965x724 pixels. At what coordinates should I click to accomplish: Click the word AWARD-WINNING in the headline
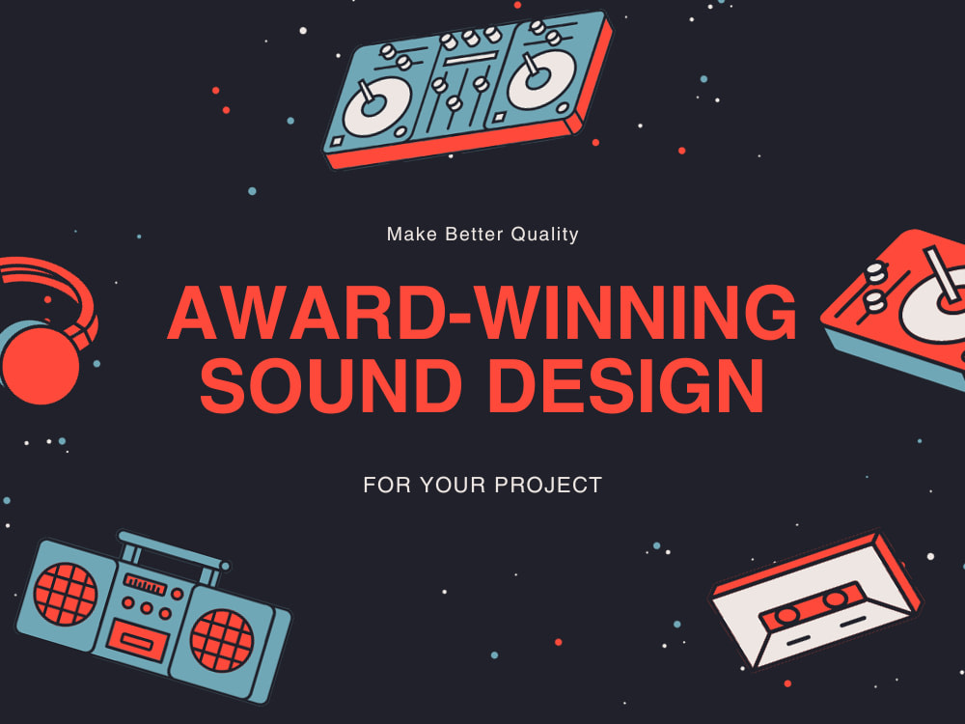click(x=482, y=315)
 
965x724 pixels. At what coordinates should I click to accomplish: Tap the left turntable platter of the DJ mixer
click(x=376, y=101)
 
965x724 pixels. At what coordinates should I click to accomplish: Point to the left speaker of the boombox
click(x=67, y=591)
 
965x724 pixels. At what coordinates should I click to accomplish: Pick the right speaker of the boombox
click(x=221, y=640)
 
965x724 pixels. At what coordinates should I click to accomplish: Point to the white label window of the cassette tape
click(x=811, y=613)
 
